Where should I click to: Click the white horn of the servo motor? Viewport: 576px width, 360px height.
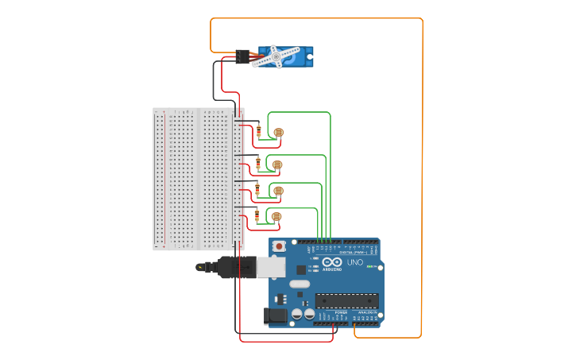coord(276,56)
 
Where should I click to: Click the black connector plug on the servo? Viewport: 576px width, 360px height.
coord(242,56)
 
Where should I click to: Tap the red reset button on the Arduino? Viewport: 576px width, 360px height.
coord(280,247)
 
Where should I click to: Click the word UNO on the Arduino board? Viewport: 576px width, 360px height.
coord(354,262)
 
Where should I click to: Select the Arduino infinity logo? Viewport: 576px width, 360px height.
coord(332,262)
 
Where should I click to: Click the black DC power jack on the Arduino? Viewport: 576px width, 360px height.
coord(275,315)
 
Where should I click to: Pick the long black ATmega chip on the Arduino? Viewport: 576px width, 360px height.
coord(346,300)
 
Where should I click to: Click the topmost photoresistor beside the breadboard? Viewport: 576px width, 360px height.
coord(278,133)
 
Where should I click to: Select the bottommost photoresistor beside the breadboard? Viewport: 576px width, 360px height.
coord(276,217)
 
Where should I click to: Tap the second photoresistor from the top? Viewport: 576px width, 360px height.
coord(277,165)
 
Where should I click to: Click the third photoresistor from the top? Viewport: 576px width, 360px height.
coord(278,191)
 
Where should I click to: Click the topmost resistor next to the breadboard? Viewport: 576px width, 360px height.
coord(258,131)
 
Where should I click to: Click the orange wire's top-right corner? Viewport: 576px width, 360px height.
coord(422,19)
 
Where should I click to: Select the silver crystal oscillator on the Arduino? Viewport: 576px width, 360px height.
coord(300,284)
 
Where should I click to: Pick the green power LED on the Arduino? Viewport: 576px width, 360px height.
coord(369,267)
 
